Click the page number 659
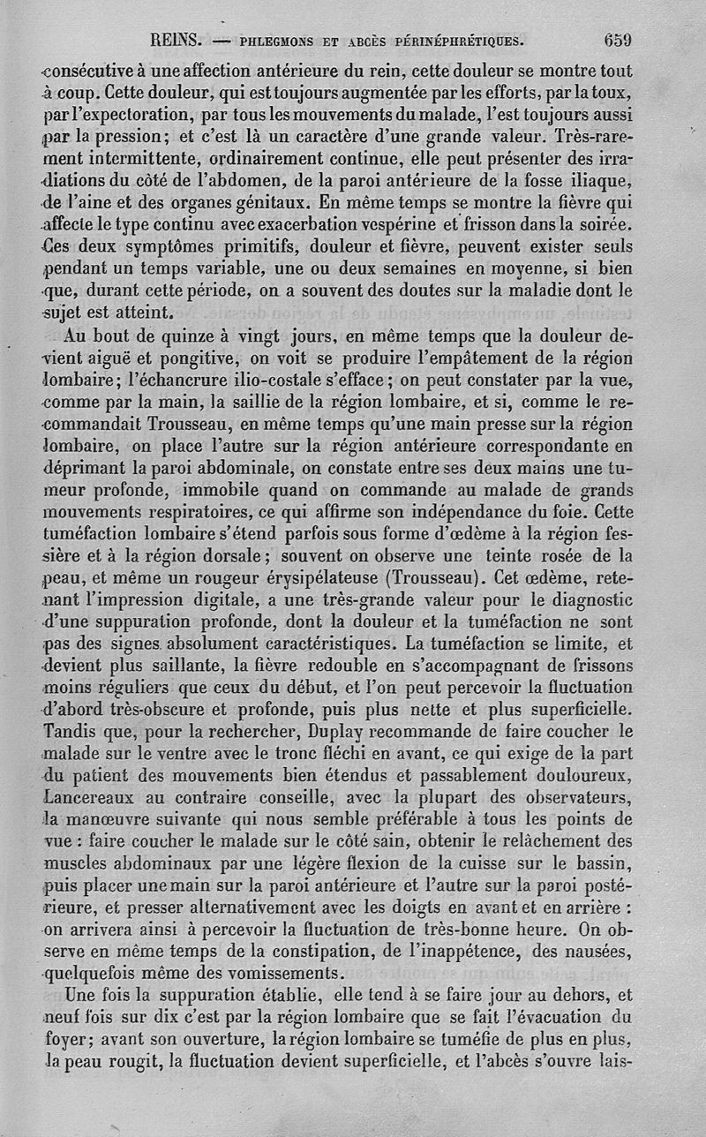(618, 40)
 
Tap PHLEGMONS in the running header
(280, 41)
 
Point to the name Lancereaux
(89, 797)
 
